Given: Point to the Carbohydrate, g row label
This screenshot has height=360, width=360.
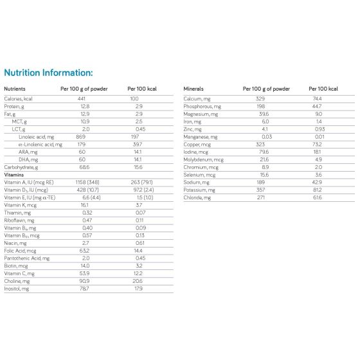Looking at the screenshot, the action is [21, 167].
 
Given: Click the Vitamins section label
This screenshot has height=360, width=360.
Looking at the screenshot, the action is [15, 175].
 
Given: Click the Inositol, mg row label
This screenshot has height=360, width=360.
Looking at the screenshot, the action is [18, 288].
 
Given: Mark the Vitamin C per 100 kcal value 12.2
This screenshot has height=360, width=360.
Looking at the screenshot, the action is [138, 273].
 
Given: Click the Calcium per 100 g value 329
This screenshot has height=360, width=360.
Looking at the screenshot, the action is [260, 99].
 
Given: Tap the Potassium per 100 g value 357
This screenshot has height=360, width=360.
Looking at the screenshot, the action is [260, 190].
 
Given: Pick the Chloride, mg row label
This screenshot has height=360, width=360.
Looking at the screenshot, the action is [197, 197].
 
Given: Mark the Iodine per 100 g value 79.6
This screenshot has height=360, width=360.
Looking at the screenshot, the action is [260, 152].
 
